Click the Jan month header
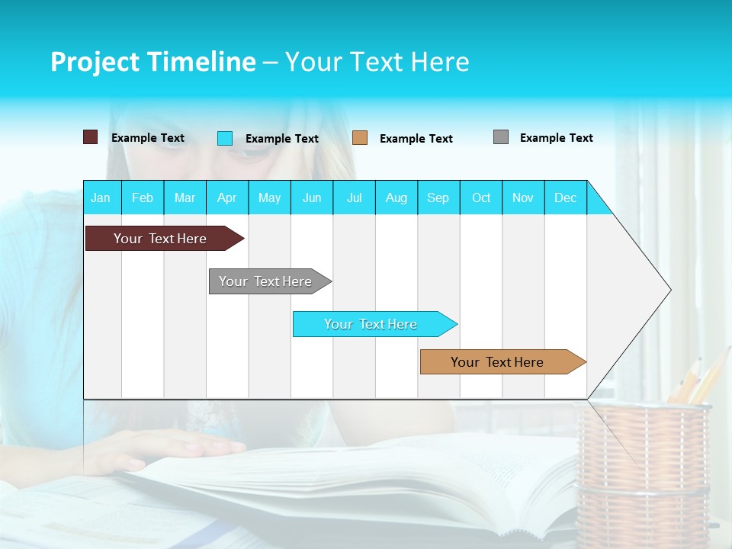(101, 197)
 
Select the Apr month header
(226, 197)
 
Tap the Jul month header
(354, 197)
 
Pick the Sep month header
(438, 197)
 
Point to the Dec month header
(565, 197)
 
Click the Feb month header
(143, 197)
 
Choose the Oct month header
(481, 197)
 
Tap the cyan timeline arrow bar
(372, 324)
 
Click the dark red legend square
(90, 137)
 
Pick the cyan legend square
(225, 138)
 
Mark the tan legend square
(360, 137)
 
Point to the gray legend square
(501, 137)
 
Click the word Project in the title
(93, 62)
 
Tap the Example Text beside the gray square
(556, 138)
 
